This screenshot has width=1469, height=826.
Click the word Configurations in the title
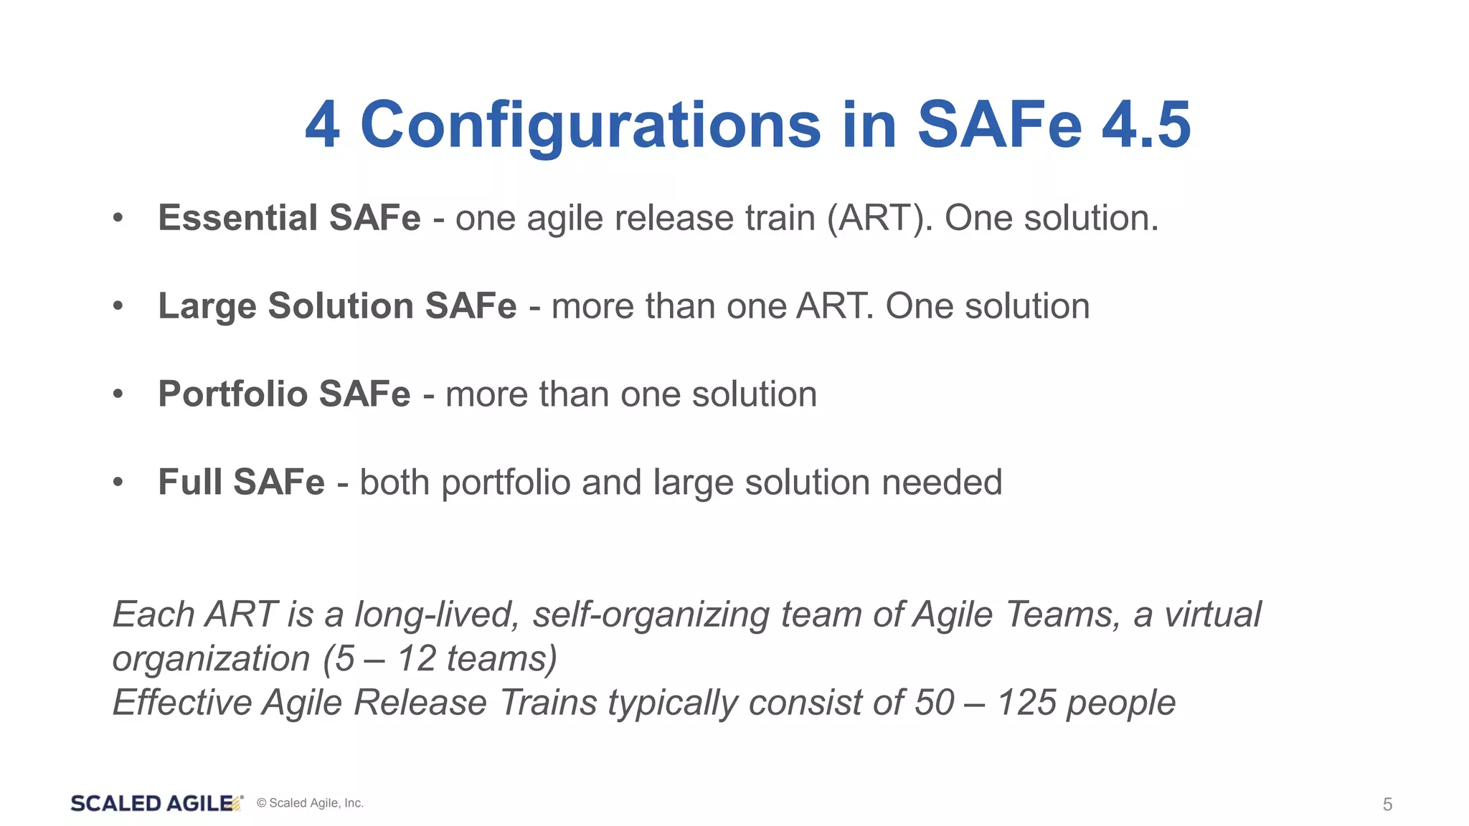coord(590,125)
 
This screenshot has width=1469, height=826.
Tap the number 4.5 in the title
coord(1146,125)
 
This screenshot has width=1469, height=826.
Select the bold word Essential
coord(237,218)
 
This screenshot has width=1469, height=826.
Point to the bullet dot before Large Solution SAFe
coord(118,307)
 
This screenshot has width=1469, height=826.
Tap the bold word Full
coord(190,482)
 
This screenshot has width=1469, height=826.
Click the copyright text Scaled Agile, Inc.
coord(310,804)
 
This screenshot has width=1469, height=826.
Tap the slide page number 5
coord(1387,804)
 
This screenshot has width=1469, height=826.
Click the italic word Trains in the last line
coord(548,703)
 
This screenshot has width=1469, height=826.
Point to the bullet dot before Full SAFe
coord(118,483)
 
